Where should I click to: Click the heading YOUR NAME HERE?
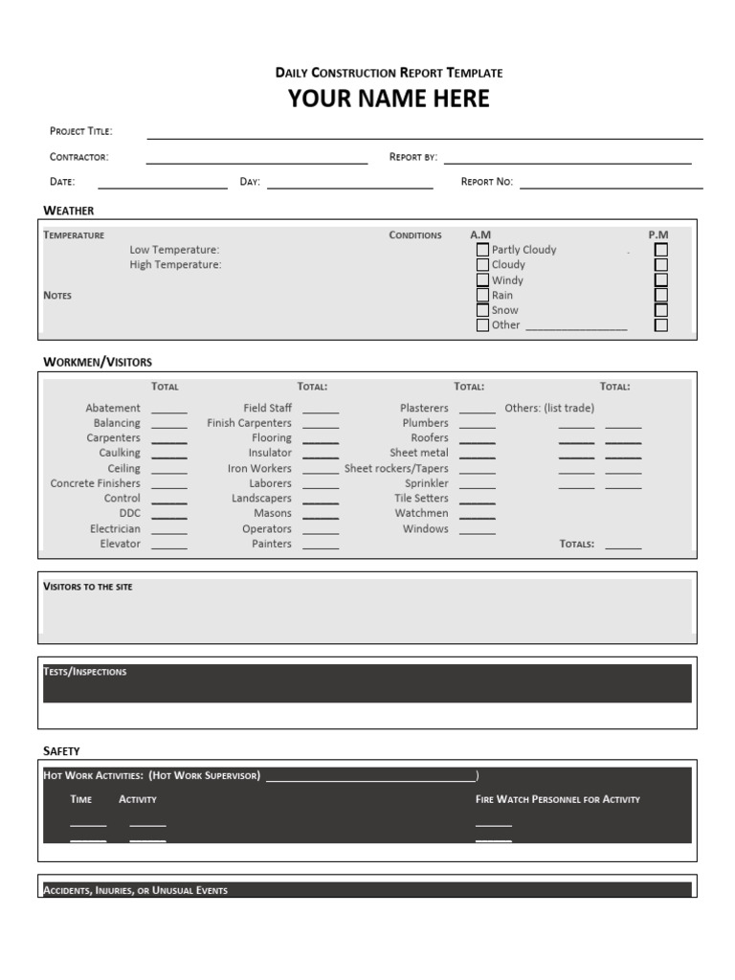pos(389,99)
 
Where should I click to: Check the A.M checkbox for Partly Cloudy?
pos(482,250)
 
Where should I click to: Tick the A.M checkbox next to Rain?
pos(482,296)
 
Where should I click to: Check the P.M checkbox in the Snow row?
pos(660,310)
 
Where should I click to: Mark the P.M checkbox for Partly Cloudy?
pos(660,250)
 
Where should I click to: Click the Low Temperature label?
pos(174,250)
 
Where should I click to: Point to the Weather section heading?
pos(69,211)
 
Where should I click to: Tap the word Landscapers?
pos(261,499)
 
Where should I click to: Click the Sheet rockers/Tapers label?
pos(396,469)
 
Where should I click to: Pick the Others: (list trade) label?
pos(549,408)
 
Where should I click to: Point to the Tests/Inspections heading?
pos(85,672)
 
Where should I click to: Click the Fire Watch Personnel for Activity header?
pos(558,799)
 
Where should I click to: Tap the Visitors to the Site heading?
pos(88,587)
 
